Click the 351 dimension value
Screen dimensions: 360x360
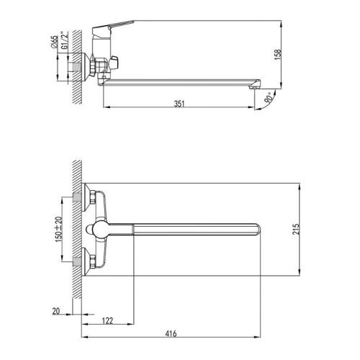[x=179, y=104]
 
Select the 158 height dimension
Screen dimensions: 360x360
[x=277, y=55]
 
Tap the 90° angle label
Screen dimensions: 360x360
[x=269, y=98]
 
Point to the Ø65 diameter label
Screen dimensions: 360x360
[x=55, y=42]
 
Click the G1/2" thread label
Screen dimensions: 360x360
[x=65, y=40]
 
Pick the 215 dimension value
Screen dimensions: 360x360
[x=296, y=229]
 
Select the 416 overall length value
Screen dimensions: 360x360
[x=171, y=333]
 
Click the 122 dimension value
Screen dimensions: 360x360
[x=107, y=320]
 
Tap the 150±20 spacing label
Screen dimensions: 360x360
[x=58, y=229]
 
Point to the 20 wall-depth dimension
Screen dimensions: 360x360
[x=56, y=311]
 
